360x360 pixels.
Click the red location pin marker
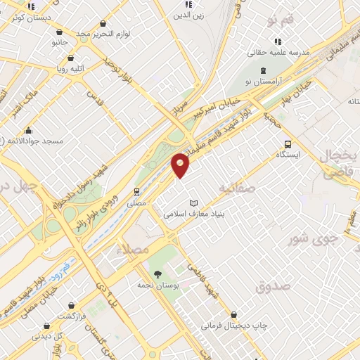click(x=181, y=165)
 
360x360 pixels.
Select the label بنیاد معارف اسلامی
click(x=193, y=213)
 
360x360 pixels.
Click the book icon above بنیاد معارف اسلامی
click(x=194, y=202)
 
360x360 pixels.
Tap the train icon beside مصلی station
click(x=136, y=191)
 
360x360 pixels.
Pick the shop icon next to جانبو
click(x=58, y=32)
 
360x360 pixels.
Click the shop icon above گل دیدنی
click(x=46, y=326)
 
